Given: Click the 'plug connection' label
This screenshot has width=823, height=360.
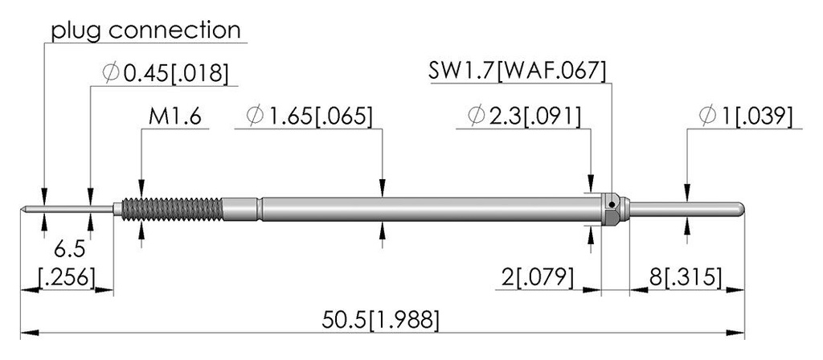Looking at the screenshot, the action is click(145, 30).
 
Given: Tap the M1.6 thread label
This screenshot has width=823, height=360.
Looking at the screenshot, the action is click(174, 117).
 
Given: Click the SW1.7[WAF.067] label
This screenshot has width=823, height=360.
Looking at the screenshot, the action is click(517, 71).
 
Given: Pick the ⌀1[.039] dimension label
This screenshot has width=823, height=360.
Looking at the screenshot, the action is click(745, 117).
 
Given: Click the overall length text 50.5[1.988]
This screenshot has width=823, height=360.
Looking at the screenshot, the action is click(380, 320).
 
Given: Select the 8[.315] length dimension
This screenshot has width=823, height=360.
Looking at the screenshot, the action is click(685, 277).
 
